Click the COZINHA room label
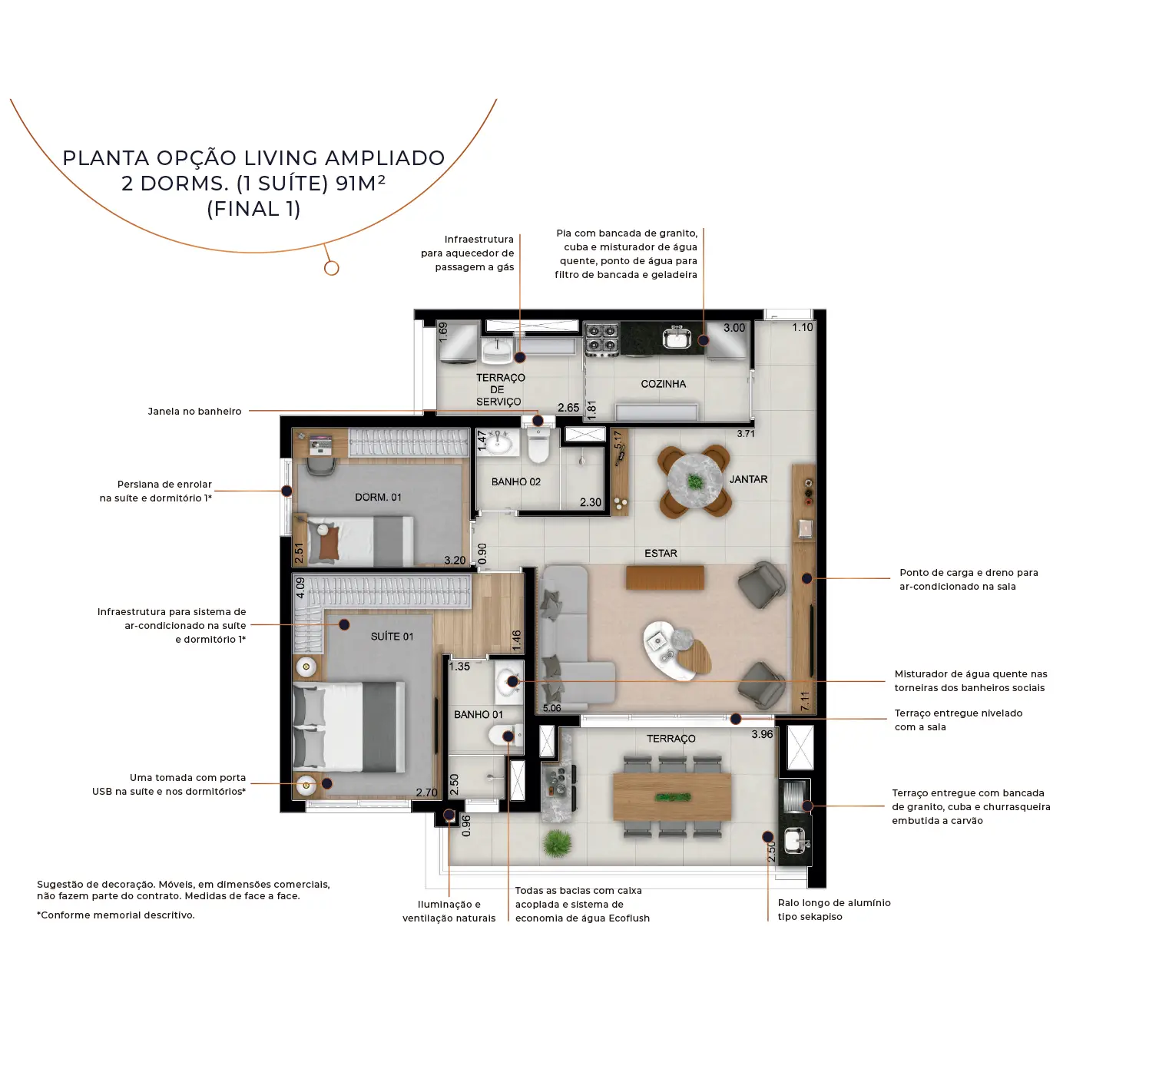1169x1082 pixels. (x=664, y=384)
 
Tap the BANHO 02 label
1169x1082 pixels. (x=516, y=481)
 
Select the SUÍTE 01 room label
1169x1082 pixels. (x=392, y=636)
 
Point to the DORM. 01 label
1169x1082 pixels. (x=378, y=497)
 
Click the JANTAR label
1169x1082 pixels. (x=749, y=479)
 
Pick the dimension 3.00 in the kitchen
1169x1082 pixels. (x=734, y=328)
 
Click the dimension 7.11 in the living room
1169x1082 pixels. (x=804, y=700)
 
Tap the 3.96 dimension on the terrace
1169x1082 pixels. (x=762, y=734)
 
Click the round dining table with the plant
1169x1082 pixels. (x=695, y=481)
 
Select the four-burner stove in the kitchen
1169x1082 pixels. (x=601, y=339)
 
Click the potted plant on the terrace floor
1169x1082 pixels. (x=557, y=843)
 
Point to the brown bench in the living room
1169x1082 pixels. (x=665, y=577)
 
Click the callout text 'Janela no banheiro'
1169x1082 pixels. (x=195, y=412)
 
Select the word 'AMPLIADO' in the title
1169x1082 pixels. (x=385, y=158)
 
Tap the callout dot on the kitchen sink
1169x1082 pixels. (x=704, y=340)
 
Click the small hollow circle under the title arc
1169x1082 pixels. (x=332, y=268)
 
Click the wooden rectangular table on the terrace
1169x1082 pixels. (x=672, y=796)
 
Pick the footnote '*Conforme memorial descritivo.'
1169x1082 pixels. (x=116, y=915)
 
